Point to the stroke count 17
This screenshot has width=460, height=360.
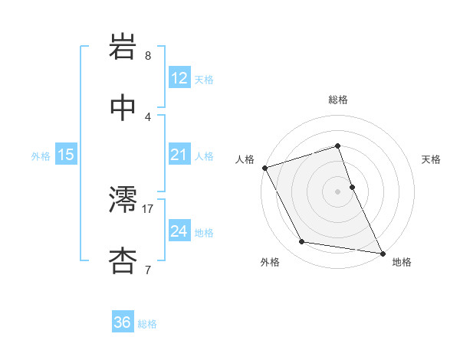tap(149, 208)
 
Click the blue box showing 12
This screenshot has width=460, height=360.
tap(179, 78)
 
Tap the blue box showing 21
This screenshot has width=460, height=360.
tap(179, 155)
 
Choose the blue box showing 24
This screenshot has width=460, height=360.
tap(179, 231)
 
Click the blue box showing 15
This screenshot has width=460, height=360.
tap(66, 155)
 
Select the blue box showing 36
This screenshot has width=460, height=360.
tap(123, 322)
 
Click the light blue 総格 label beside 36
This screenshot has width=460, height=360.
tap(147, 324)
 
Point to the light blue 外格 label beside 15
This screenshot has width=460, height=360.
tap(41, 156)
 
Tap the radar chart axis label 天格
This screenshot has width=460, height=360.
tap(431, 159)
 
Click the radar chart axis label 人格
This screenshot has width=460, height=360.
tap(245, 159)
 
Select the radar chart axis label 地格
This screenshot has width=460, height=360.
tap(402, 262)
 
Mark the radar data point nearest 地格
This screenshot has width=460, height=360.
tap(382, 253)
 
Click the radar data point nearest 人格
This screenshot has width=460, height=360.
tap(265, 168)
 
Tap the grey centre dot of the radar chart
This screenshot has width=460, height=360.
tap(337, 191)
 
